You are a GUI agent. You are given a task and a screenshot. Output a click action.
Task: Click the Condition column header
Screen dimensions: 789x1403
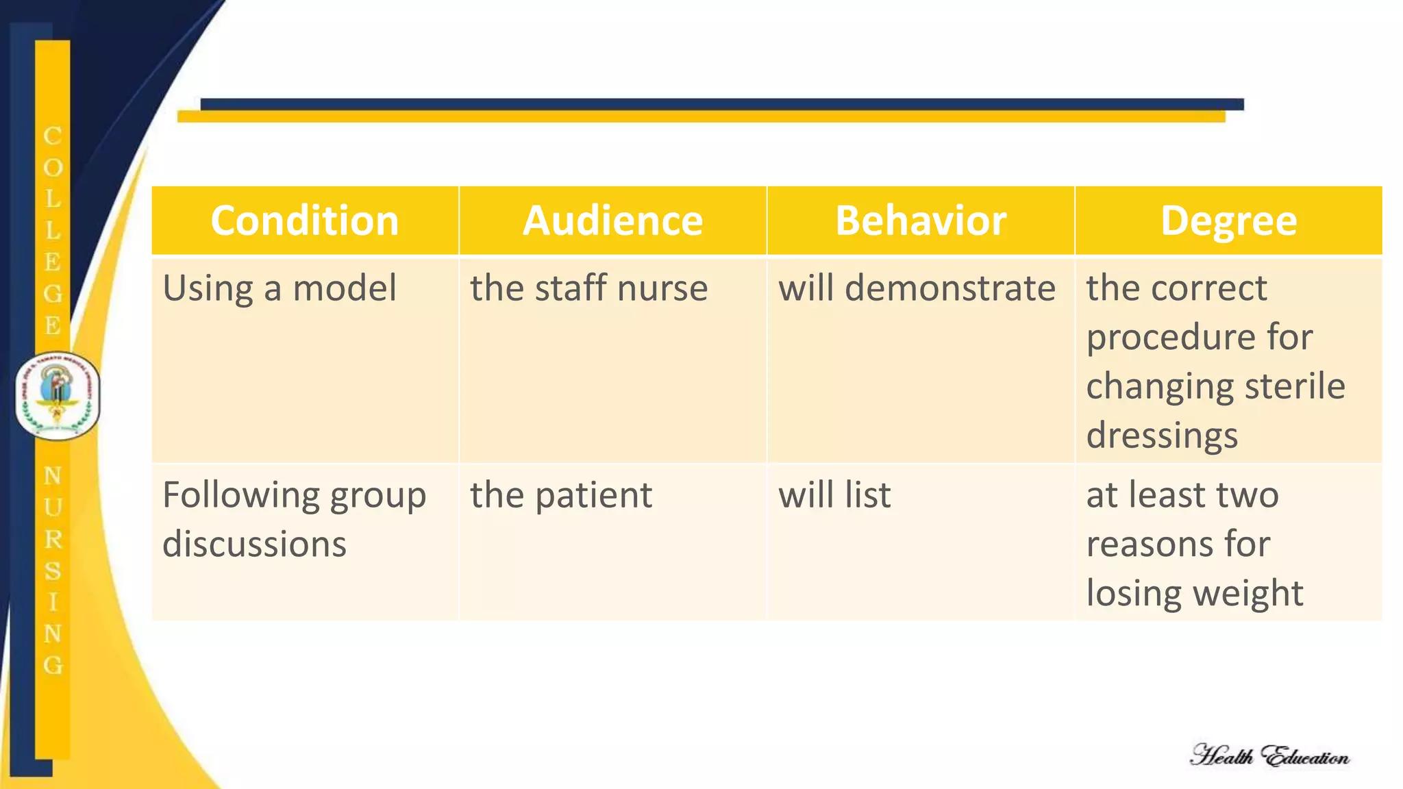pos(304,221)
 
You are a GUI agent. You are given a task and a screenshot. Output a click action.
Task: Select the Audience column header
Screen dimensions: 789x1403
pos(612,221)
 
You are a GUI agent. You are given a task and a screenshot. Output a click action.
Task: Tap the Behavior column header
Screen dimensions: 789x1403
pos(920,221)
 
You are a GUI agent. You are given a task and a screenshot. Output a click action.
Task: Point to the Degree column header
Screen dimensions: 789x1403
pos(1228,221)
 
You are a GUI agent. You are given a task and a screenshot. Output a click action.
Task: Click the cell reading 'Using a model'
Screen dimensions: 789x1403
pos(280,288)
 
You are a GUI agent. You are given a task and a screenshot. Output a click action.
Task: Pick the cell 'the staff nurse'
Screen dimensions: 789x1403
pos(588,288)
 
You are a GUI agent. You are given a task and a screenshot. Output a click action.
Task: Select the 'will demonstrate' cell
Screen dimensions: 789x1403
pos(917,288)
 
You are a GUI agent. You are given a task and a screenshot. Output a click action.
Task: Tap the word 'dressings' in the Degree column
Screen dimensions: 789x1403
pos(1162,436)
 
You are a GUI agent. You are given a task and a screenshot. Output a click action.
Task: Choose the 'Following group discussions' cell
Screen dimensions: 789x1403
pos(295,519)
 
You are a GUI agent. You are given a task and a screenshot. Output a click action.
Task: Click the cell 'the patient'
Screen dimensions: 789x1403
pos(561,495)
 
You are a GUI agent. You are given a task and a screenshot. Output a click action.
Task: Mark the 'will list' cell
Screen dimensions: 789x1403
pos(834,495)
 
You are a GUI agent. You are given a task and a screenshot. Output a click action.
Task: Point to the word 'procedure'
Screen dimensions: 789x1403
pos(1159,337)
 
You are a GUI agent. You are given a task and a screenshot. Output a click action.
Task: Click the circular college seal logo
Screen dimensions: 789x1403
pos(58,397)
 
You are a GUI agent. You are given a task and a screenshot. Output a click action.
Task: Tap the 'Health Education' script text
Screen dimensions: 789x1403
pos(1269,756)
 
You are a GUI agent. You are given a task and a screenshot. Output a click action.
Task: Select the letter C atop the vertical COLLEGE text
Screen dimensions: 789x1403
pos(53,136)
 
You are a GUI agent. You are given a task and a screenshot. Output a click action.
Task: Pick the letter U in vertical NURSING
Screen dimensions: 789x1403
pos(53,508)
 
